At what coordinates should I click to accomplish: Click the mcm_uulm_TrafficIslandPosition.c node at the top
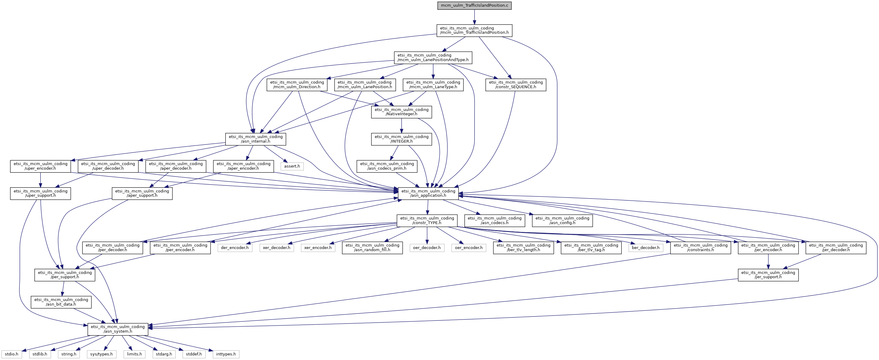(x=474, y=5)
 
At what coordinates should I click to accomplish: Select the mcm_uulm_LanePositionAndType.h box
(x=433, y=57)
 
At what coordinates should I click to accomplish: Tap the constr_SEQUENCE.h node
(x=515, y=85)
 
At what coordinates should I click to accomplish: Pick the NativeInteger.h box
(x=401, y=112)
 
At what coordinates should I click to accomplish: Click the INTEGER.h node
(x=401, y=139)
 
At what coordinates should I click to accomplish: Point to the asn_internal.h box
(x=256, y=139)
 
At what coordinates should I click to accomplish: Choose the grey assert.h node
(x=292, y=166)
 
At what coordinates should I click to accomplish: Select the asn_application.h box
(x=428, y=193)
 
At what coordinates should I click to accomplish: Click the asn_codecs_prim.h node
(x=387, y=166)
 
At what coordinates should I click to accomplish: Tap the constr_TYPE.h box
(x=427, y=220)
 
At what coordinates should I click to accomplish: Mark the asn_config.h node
(x=562, y=220)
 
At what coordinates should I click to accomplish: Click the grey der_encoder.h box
(x=235, y=248)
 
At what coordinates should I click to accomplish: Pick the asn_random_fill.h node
(x=372, y=248)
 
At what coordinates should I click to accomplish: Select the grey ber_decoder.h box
(x=645, y=248)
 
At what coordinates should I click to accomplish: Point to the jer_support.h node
(x=768, y=275)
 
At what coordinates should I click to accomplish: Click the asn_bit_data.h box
(x=61, y=302)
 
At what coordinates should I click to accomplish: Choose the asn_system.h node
(x=118, y=329)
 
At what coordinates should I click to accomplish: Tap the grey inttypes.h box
(x=226, y=354)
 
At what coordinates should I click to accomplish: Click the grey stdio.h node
(x=12, y=354)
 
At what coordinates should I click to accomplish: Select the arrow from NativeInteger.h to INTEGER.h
(x=401, y=126)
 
